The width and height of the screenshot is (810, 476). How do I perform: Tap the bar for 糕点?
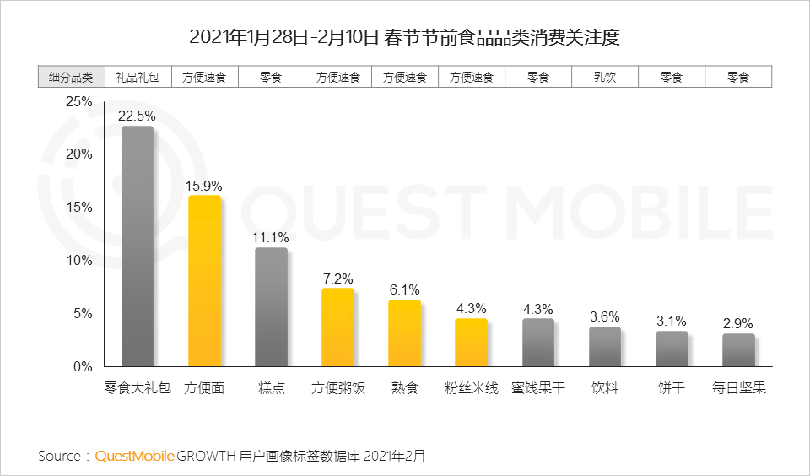tap(271, 307)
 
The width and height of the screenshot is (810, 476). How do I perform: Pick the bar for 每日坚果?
tap(738, 350)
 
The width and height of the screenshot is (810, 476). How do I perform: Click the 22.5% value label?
tap(137, 116)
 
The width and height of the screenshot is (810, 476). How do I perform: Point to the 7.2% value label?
tap(337, 279)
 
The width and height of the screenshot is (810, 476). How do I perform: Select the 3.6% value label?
tap(605, 317)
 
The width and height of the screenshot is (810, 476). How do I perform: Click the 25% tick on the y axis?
tap(78, 101)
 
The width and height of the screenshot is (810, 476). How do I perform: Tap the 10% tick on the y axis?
tap(78, 261)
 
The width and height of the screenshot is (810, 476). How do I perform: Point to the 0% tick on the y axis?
tap(82, 367)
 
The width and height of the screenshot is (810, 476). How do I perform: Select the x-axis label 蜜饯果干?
tap(538, 389)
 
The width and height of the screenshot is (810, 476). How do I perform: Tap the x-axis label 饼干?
tap(672, 389)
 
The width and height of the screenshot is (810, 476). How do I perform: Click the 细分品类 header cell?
tap(71, 77)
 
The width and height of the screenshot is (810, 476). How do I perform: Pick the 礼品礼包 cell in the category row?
tap(138, 77)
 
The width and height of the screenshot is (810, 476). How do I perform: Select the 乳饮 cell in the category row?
tap(605, 77)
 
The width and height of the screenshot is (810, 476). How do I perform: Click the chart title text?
tap(404, 38)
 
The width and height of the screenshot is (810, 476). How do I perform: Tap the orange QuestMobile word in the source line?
tap(135, 457)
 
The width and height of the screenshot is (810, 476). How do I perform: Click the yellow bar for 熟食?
tap(404, 333)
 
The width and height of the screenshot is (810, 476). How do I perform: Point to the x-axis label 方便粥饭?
tap(337, 389)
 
